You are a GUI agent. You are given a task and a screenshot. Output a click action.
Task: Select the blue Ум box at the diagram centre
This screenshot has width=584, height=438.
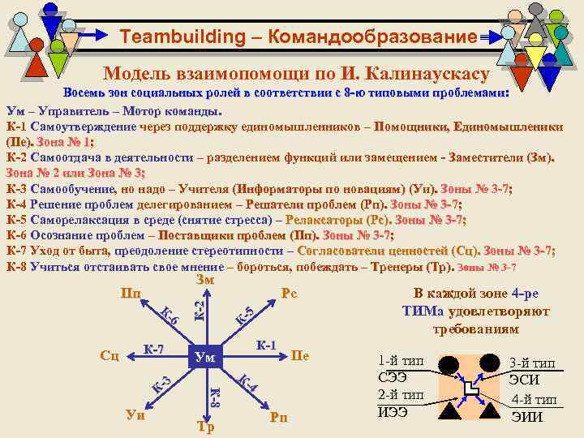pos(205,356)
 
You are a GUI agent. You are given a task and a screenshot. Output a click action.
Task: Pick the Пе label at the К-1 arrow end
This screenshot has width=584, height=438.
pos(299,355)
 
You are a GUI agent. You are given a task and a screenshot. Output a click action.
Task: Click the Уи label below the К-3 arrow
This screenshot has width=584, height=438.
pos(135,415)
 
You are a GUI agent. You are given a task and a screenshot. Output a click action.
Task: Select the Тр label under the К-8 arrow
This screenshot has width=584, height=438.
pos(205,427)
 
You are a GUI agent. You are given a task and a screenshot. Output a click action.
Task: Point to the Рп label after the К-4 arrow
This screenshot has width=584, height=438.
pos(279,417)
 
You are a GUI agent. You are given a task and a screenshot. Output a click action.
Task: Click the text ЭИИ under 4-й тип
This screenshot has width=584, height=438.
pos(527,419)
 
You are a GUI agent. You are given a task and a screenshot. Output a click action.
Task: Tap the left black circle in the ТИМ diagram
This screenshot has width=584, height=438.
pos(449,363)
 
